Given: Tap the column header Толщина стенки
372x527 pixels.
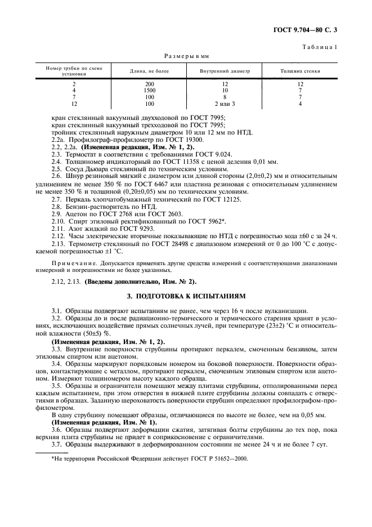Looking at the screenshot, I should (x=300, y=72).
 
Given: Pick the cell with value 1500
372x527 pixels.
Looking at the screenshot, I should (x=149, y=90).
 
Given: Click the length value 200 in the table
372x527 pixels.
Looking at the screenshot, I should (x=149, y=83).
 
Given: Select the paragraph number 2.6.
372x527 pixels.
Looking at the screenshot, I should (x=56, y=176).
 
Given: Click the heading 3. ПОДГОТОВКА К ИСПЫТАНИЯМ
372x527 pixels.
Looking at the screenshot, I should (x=186, y=296).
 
